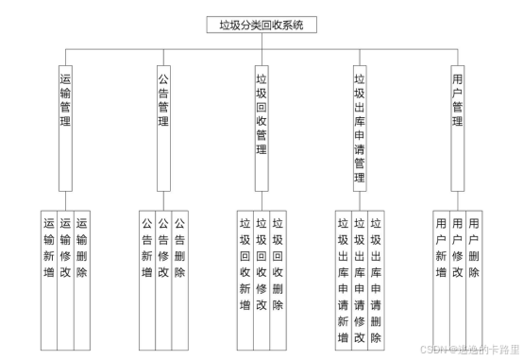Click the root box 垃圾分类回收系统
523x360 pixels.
coord(261,26)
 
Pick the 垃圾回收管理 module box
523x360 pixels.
coord(261,117)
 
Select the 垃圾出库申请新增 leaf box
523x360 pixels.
coord(343,279)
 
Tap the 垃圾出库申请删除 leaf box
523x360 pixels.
coord(376,279)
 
